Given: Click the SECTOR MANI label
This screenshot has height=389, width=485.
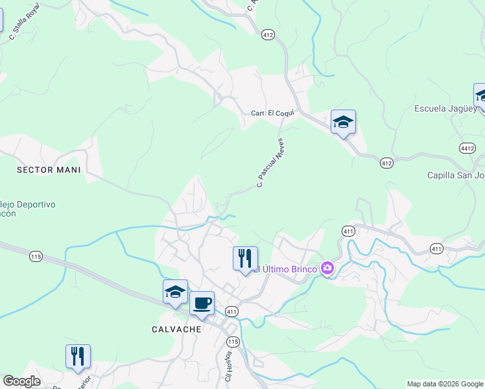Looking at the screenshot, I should pyautogui.click(x=49, y=170).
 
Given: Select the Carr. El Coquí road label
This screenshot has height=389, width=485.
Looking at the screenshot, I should pyautogui.click(x=273, y=113).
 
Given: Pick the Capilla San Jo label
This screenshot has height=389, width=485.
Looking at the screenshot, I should pyautogui.click(x=455, y=175).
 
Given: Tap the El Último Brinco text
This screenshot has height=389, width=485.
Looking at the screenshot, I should pyautogui.click(x=285, y=269).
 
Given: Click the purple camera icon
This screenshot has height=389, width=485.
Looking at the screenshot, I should pyautogui.click(x=327, y=268).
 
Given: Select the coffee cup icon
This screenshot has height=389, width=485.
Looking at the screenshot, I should pyautogui.click(x=202, y=303).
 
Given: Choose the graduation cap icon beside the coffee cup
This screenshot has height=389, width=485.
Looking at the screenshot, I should pyautogui.click(x=175, y=292).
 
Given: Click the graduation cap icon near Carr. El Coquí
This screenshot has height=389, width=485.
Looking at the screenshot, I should pyautogui.click(x=343, y=121).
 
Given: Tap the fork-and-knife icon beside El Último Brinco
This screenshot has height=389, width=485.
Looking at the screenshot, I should pyautogui.click(x=245, y=258).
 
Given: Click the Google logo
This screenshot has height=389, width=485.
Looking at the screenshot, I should pyautogui.click(x=22, y=381).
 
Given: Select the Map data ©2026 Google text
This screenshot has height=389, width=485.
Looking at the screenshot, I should pyautogui.click(x=444, y=384).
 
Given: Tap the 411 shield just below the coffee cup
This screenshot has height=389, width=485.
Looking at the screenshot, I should pyautogui.click(x=231, y=312).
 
